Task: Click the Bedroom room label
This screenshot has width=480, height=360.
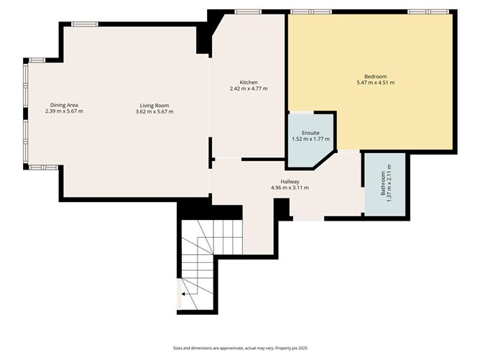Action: pyautogui.click(x=375, y=77)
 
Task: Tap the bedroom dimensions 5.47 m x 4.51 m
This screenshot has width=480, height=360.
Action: pyautogui.click(x=375, y=83)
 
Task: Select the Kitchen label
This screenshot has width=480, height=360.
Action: pyautogui.click(x=249, y=83)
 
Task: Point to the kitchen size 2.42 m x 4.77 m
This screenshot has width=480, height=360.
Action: pyautogui.click(x=249, y=89)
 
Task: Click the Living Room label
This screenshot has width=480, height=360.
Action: pyautogui.click(x=154, y=106)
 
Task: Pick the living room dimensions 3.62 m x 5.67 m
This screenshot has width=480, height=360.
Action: pyautogui.click(x=154, y=112)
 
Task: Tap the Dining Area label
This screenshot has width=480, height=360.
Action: pyautogui.click(x=64, y=106)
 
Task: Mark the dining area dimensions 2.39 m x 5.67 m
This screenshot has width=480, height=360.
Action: pyautogui.click(x=64, y=112)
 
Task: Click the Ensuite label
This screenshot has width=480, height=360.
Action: pyautogui.click(x=310, y=133)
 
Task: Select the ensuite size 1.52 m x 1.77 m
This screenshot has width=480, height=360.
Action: pyautogui.click(x=310, y=139)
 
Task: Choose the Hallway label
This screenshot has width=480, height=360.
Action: pyautogui.click(x=290, y=182)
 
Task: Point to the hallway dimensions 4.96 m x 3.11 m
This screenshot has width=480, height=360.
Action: pyautogui.click(x=290, y=188)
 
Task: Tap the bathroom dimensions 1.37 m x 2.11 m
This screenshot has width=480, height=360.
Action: pyautogui.click(x=389, y=184)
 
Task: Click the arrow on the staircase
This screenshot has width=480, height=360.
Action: pyautogui.click(x=185, y=293)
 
